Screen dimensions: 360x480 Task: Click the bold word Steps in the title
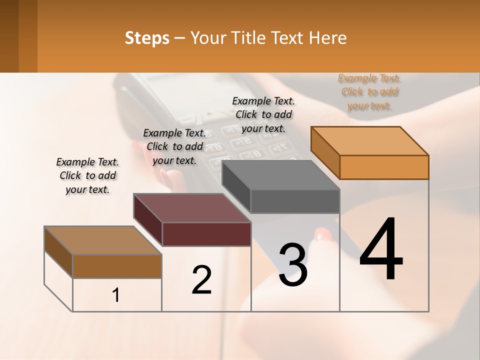146,38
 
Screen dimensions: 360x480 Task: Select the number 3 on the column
292,265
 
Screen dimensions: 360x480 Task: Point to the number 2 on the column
202,280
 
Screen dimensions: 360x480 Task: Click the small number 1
116,295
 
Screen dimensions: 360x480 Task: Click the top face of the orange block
369,140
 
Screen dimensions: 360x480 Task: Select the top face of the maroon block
191,208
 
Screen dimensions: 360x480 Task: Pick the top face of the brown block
103,240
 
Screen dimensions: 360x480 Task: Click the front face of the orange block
384,167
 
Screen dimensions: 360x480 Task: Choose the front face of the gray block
295,201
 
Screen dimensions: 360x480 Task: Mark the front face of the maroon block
206,234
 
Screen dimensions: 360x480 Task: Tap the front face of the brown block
117,266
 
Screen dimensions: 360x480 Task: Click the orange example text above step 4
369,92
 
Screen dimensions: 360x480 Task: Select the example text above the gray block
263,114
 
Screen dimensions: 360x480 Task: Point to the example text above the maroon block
174,146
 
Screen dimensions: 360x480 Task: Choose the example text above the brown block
87,175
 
